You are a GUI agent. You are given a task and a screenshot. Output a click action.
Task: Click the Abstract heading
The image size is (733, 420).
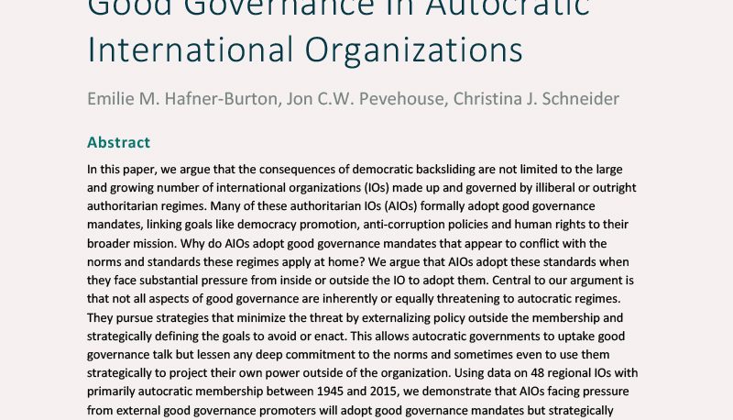(118, 142)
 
